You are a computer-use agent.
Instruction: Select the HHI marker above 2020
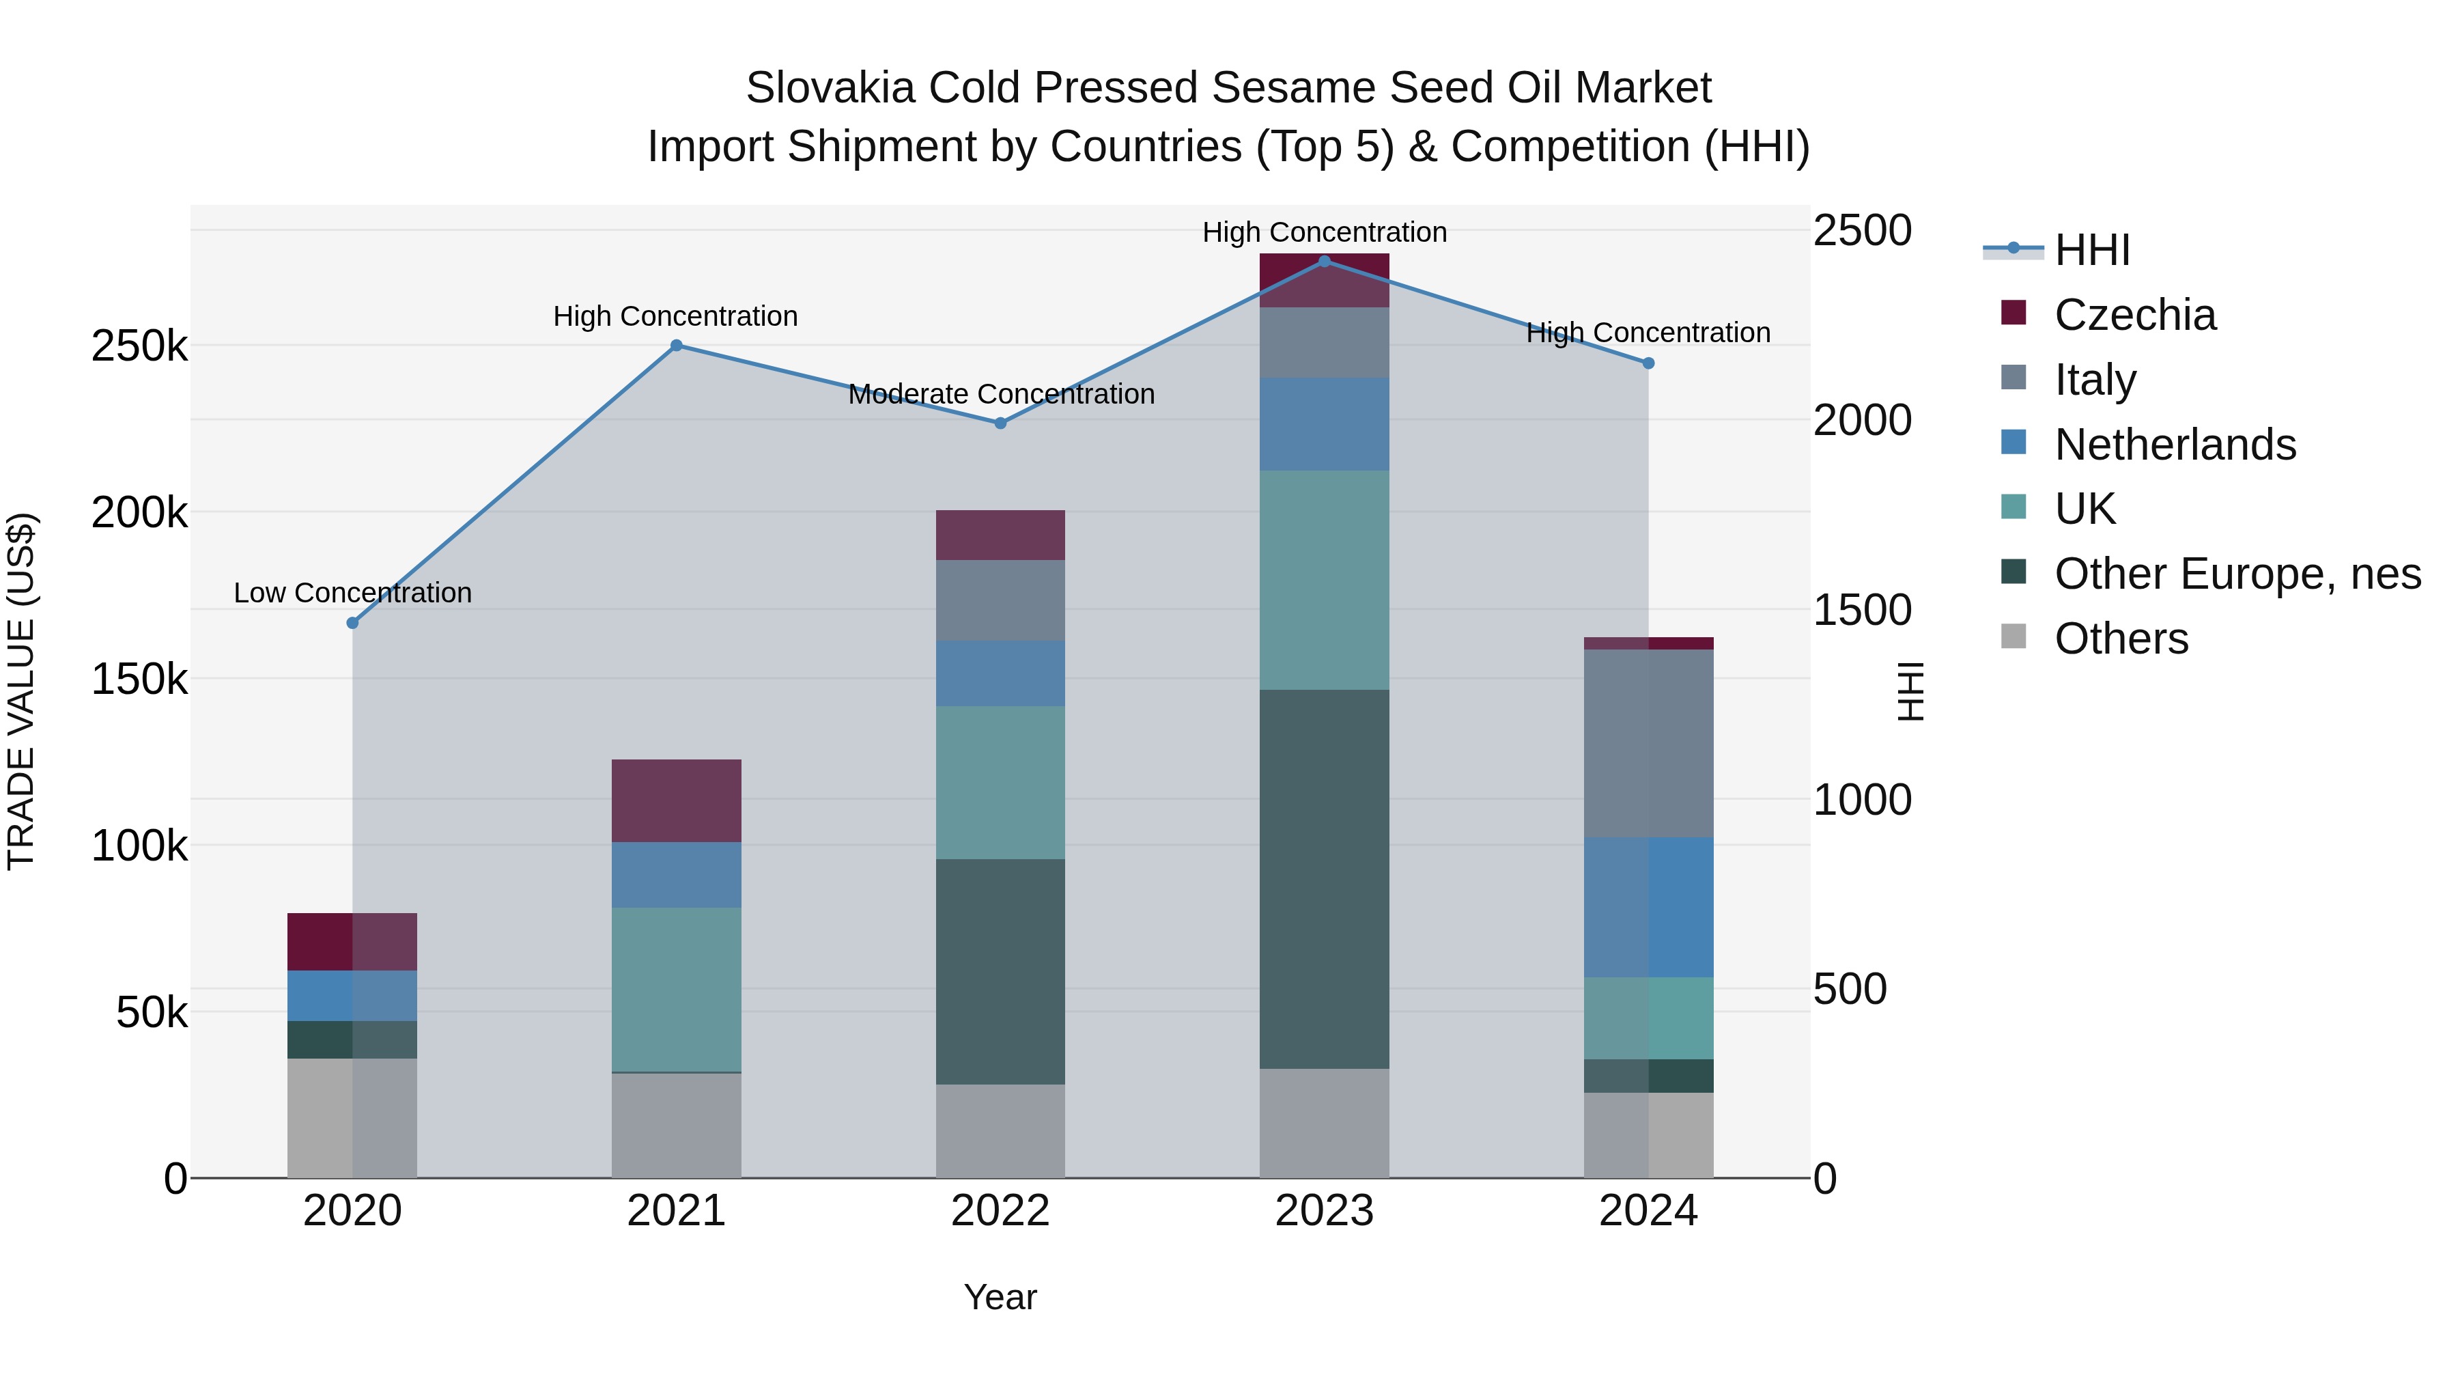352,622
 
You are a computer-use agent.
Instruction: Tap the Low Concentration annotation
352,593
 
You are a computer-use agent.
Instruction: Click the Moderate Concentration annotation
1001,394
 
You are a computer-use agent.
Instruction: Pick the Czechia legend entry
2134,315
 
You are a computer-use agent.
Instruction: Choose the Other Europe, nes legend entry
2237,574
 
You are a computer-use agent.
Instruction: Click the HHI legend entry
2091,250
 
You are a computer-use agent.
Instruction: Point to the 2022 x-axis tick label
1000,1211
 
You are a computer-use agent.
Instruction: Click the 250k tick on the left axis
139,346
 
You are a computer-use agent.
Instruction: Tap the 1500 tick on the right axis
1862,611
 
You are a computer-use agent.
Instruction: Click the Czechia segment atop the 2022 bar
1000,535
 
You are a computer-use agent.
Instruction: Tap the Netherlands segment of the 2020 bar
352,996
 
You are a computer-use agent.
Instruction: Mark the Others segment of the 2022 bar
1000,1130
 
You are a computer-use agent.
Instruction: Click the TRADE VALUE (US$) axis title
21,691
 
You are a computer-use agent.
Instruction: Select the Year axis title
1000,1297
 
